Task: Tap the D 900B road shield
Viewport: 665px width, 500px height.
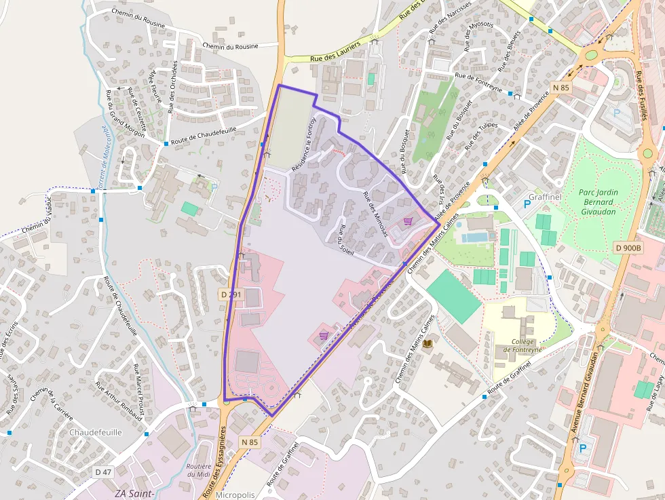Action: [x=628, y=248]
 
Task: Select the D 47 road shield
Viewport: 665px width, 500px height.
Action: [x=103, y=472]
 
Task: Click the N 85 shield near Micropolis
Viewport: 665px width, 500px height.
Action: [x=250, y=442]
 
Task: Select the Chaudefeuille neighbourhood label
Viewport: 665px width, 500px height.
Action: [x=96, y=431]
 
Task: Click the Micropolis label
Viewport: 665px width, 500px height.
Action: [x=235, y=495]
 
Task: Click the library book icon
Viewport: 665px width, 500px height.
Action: [x=427, y=345]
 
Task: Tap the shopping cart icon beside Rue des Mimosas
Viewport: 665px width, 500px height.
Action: [x=408, y=220]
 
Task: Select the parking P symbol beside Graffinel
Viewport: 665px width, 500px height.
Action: [x=527, y=204]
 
